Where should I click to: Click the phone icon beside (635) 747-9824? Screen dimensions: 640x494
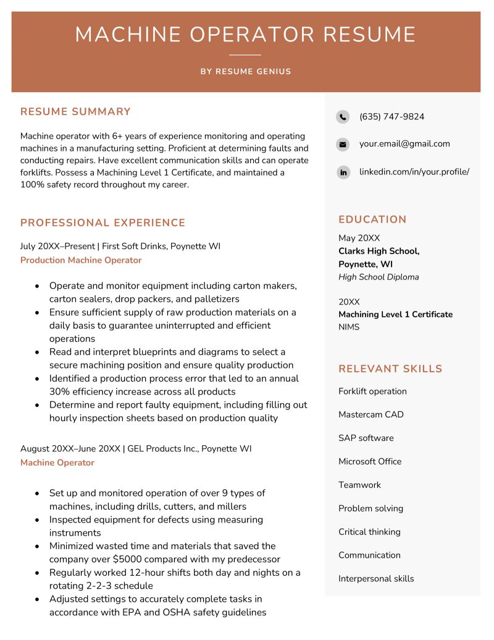[x=343, y=117]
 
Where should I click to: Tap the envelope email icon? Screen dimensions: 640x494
[x=343, y=144]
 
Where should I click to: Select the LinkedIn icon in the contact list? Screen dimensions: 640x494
[x=343, y=172]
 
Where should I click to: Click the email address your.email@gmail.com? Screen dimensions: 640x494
[x=404, y=143]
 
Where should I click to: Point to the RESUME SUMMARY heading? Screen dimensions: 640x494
[x=75, y=112]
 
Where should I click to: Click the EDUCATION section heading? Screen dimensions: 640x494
[x=372, y=220]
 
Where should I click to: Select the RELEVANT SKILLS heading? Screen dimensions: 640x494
[x=390, y=369]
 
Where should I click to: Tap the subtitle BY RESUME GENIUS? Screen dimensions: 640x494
[x=246, y=72]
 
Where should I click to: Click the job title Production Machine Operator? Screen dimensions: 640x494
[x=81, y=260]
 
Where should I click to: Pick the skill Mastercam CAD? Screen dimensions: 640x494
[x=371, y=415]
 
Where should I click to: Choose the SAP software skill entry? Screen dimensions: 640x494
[x=366, y=438]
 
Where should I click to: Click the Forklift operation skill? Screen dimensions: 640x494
[x=372, y=391]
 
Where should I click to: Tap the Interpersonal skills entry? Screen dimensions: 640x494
[x=376, y=579]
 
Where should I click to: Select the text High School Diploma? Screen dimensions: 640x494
[x=379, y=277]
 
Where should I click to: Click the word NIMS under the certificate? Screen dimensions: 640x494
[x=349, y=327]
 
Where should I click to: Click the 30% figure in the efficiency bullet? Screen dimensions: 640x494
[x=59, y=391]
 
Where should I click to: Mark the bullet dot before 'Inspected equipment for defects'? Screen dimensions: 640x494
[x=37, y=520]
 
